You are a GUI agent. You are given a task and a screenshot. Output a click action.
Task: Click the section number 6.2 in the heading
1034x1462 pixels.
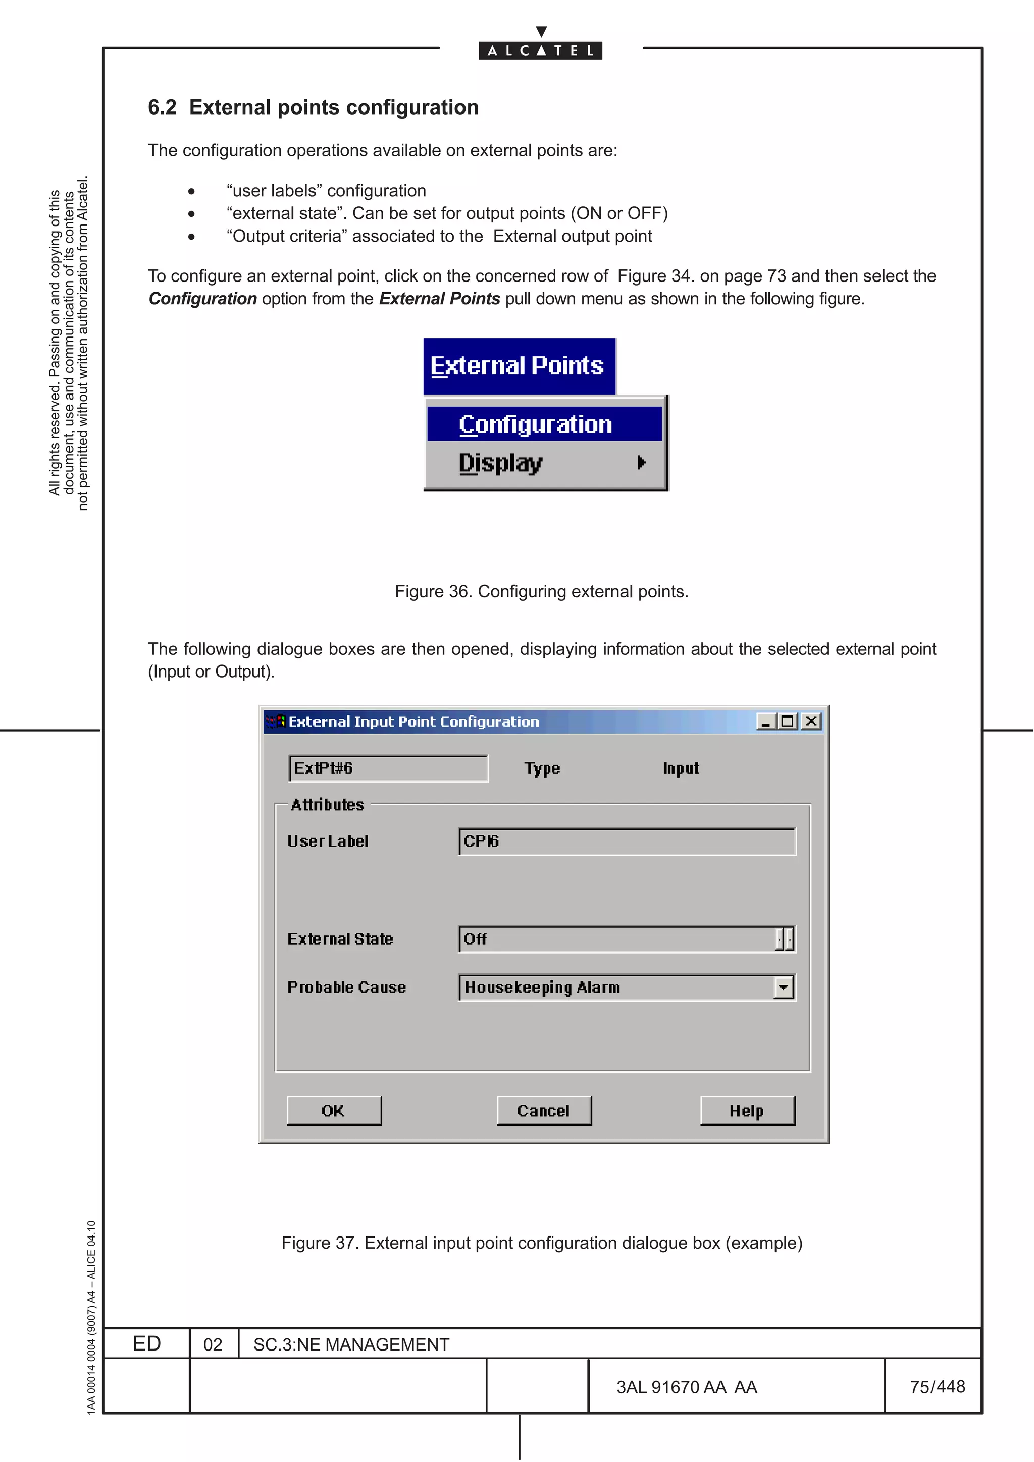click(x=162, y=107)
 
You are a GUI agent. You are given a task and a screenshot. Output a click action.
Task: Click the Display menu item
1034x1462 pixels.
click(x=501, y=463)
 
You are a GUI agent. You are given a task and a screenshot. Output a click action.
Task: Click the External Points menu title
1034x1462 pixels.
click(x=518, y=366)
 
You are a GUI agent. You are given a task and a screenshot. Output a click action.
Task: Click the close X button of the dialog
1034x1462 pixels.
click(x=811, y=721)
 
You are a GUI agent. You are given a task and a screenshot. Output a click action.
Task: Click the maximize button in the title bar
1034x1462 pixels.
click(x=788, y=721)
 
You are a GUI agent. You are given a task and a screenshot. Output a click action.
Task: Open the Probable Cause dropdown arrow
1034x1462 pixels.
click(x=784, y=988)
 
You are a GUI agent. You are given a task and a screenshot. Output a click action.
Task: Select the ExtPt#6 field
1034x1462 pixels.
click(x=388, y=768)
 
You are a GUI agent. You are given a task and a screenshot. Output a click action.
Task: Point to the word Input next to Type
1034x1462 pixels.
click(x=681, y=768)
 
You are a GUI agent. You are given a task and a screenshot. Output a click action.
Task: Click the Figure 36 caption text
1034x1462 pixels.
click(x=542, y=592)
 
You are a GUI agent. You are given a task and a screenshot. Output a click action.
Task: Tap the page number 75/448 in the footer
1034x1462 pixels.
click(x=937, y=1386)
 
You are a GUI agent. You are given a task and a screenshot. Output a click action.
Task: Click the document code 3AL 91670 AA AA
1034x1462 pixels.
click(x=686, y=1387)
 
